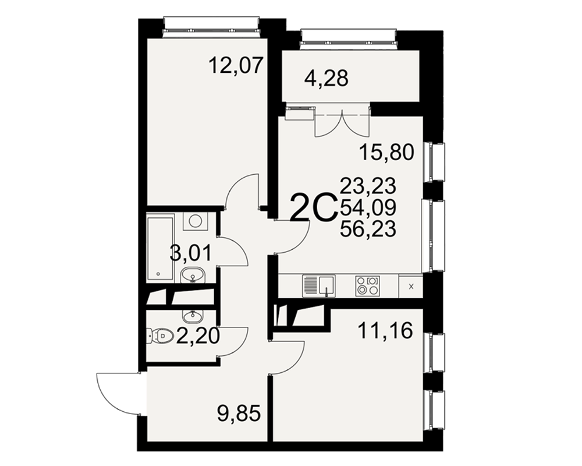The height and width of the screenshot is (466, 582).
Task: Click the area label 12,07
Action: pyautogui.click(x=236, y=65)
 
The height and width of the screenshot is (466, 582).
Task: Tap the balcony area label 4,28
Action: pyautogui.click(x=327, y=79)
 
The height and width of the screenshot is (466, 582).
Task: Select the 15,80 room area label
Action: pyautogui.click(x=387, y=152)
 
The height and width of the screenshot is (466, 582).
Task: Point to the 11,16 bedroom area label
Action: pyautogui.click(x=385, y=330)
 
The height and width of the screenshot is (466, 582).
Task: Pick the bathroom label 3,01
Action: pyautogui.click(x=190, y=253)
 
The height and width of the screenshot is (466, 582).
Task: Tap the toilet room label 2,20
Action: pyautogui.click(x=198, y=336)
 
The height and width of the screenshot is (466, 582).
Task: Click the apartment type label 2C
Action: pyautogui.click(x=314, y=209)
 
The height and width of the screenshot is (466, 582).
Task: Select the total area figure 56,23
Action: pyautogui.click(x=368, y=228)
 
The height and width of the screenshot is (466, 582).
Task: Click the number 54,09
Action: pyautogui.click(x=368, y=207)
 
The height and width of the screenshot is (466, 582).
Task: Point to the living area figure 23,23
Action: pyautogui.click(x=368, y=186)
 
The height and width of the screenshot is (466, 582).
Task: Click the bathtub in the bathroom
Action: pyautogui.click(x=161, y=248)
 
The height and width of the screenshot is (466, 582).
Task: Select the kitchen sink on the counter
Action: pyautogui.click(x=319, y=286)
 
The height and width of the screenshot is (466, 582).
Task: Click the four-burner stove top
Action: pyautogui.click(x=368, y=286)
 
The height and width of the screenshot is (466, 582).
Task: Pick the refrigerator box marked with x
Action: pyautogui.click(x=411, y=286)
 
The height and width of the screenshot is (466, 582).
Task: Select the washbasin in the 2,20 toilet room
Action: pyautogui.click(x=193, y=316)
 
